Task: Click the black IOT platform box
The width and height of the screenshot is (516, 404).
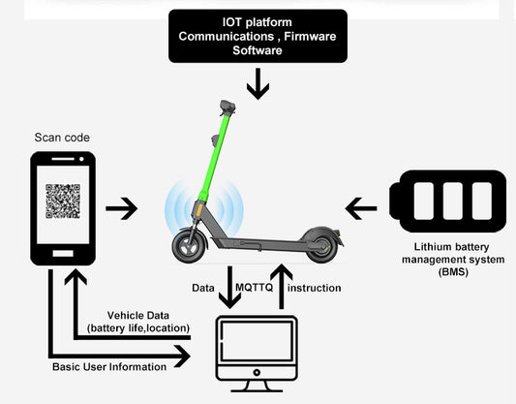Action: [258, 37]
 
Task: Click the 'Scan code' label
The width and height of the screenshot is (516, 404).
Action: [62, 138]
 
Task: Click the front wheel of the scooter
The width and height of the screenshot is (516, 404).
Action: [188, 244]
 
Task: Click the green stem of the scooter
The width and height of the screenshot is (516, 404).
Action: [215, 155]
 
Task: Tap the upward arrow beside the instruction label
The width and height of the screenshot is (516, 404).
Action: [282, 288]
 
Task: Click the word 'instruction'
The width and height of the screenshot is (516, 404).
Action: [315, 288]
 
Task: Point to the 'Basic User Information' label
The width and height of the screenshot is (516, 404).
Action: [107, 365]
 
